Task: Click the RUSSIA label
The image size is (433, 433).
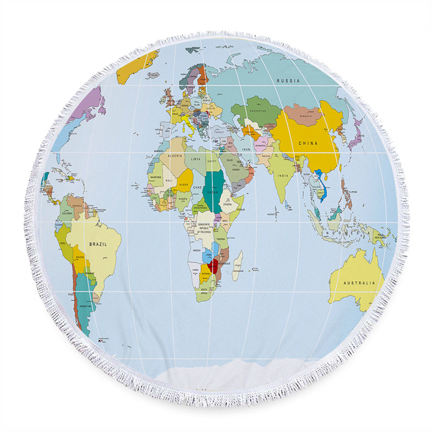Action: click(x=288, y=81)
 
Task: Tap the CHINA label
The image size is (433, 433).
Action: click(x=308, y=143)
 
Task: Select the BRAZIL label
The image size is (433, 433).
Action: click(x=98, y=244)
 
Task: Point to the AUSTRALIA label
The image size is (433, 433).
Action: click(x=359, y=283)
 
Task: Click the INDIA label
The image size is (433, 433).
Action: click(x=283, y=176)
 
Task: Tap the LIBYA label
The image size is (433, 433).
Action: click(x=196, y=159)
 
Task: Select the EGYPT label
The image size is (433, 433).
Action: click(x=212, y=161)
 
